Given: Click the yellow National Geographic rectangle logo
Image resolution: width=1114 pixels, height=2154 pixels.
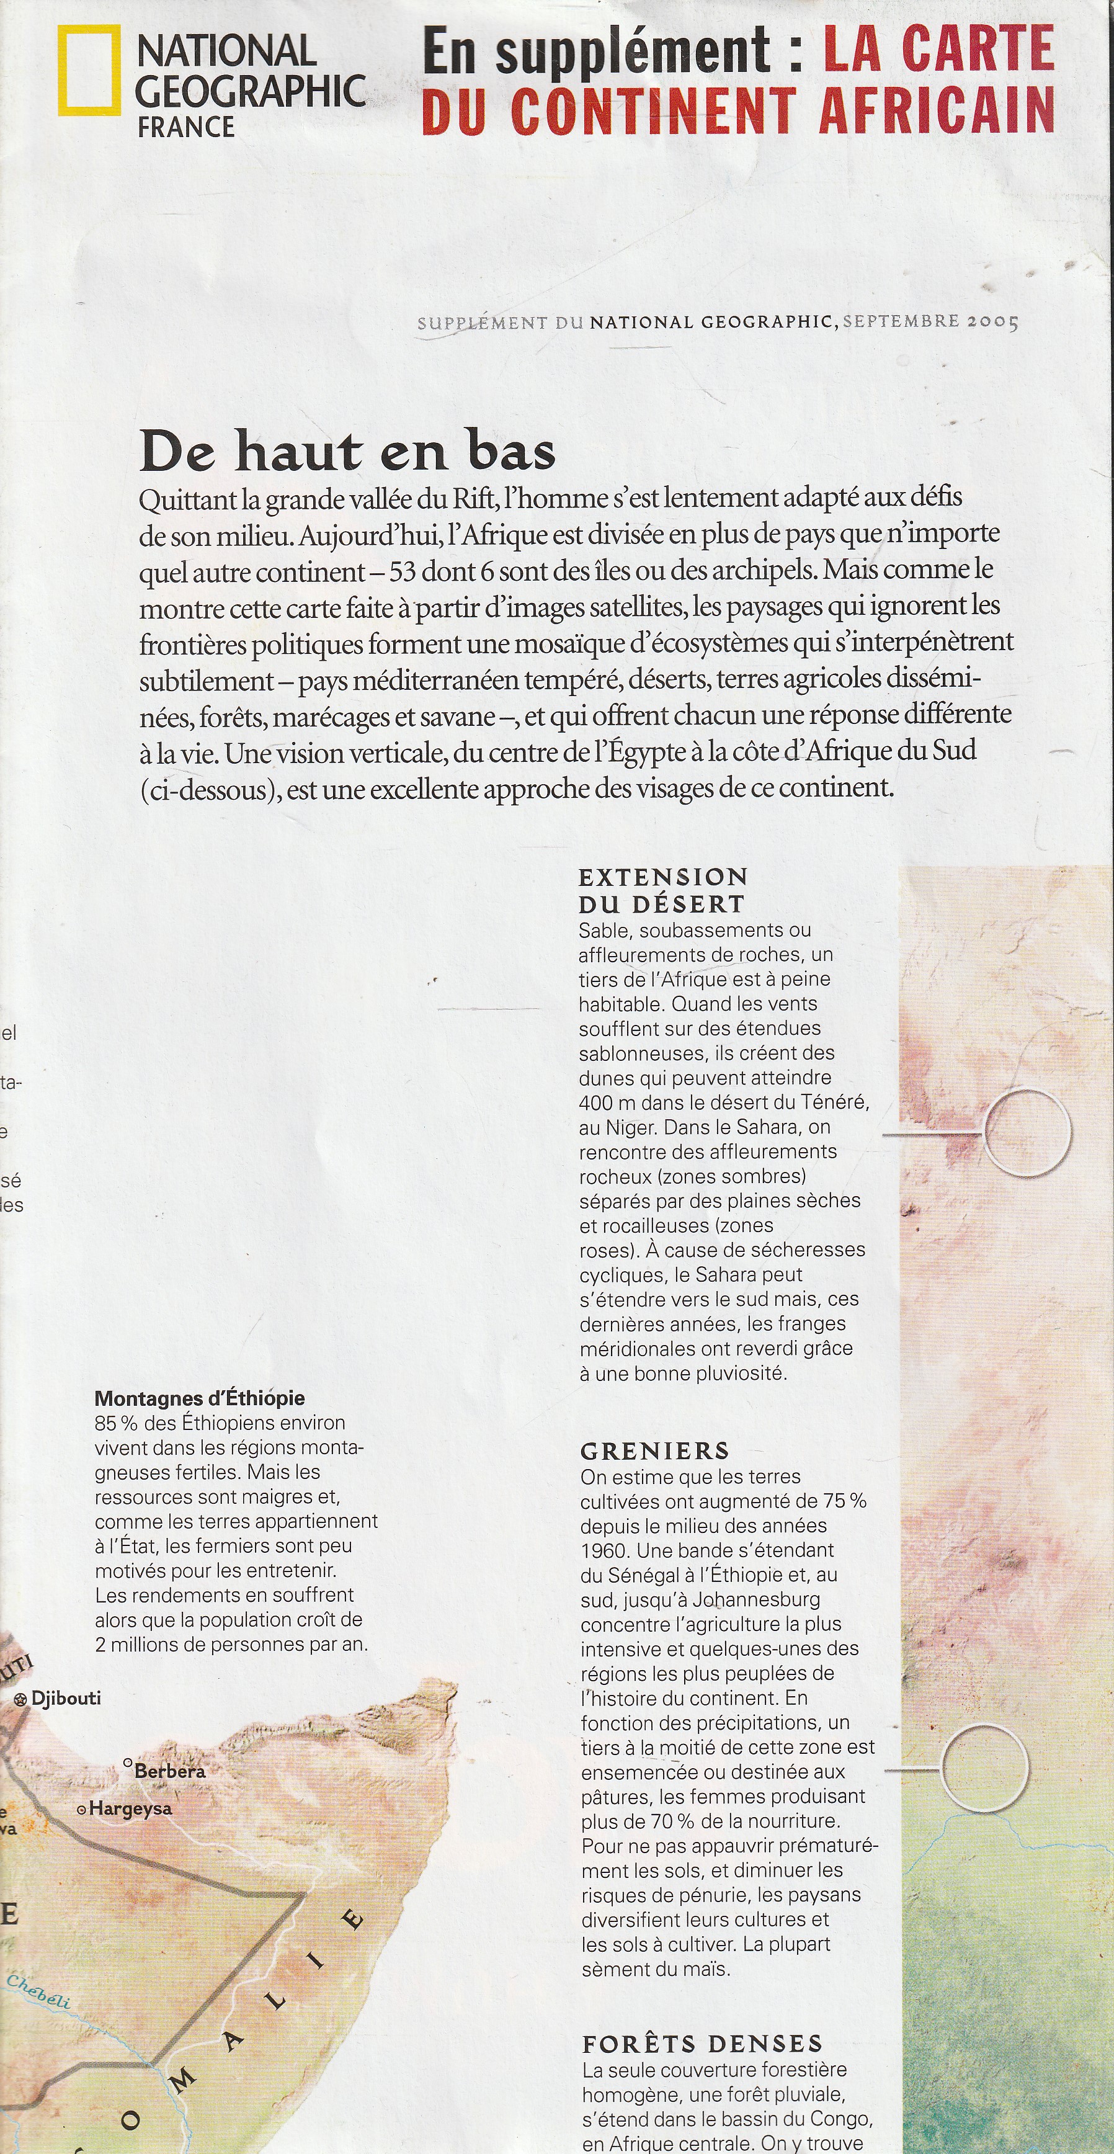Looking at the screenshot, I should pos(87,69).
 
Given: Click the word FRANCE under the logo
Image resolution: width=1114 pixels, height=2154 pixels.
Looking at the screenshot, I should pos(186,127).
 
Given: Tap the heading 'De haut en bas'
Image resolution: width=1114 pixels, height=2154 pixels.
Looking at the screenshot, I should pos(347,452).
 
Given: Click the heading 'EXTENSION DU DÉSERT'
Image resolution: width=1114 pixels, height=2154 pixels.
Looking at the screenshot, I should pos(662,890).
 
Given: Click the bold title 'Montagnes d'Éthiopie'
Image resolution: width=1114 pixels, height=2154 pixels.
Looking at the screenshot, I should pos(200,1398).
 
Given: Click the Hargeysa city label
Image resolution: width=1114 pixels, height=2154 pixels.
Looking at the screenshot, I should pos(130,1808).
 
